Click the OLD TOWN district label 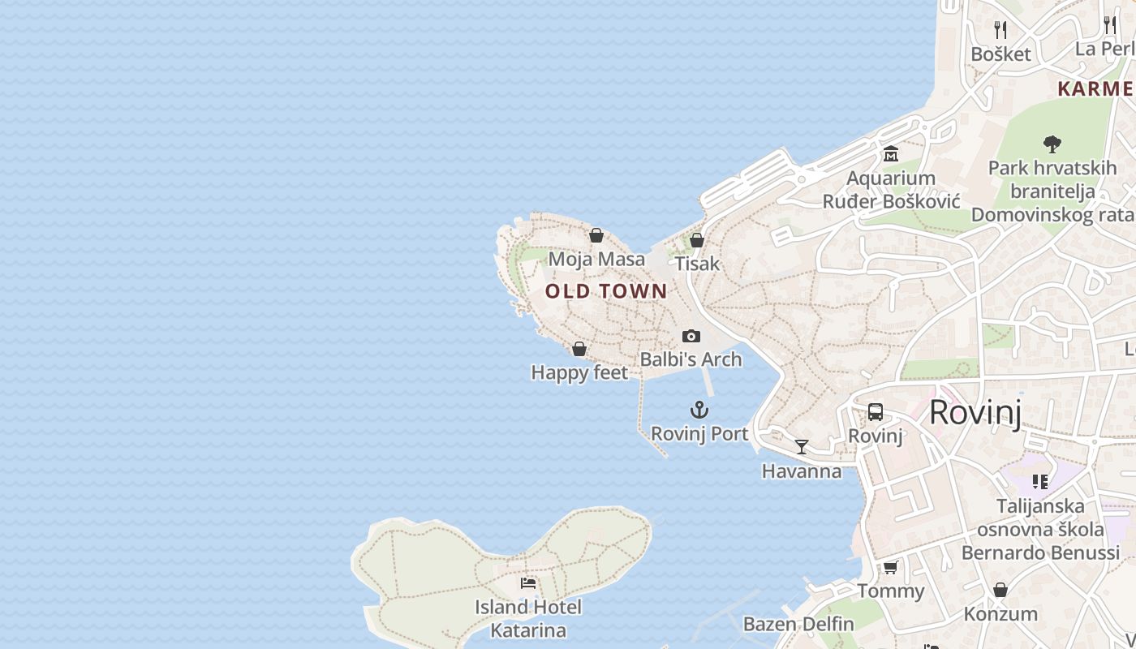(x=606, y=291)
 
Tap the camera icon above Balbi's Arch (x=691, y=336)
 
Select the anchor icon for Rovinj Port (x=699, y=410)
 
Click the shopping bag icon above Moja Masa (x=596, y=235)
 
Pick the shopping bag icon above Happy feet (x=579, y=349)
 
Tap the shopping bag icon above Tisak (x=697, y=240)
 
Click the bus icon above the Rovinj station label (x=876, y=412)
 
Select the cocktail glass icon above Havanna (x=802, y=447)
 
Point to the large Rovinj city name (x=975, y=412)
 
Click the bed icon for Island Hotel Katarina (x=528, y=582)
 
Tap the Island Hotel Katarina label (x=528, y=618)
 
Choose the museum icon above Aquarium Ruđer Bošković (x=891, y=154)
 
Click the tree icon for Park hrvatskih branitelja (x=1052, y=144)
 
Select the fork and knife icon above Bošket (x=1000, y=30)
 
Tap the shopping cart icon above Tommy (x=891, y=567)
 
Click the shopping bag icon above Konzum (x=1000, y=590)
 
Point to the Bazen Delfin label (x=798, y=624)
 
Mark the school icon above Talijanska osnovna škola (x=1040, y=482)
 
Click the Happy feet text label (x=579, y=372)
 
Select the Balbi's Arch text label (x=691, y=359)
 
